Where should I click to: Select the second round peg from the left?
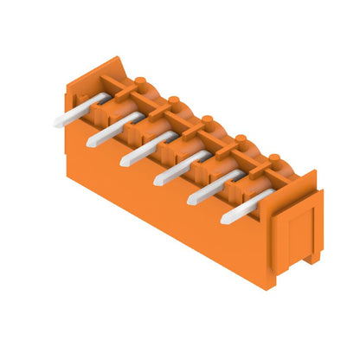point(173,100)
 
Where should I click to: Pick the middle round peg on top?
point(208,119)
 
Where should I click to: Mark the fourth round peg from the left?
point(241,138)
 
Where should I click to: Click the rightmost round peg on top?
point(274,157)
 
